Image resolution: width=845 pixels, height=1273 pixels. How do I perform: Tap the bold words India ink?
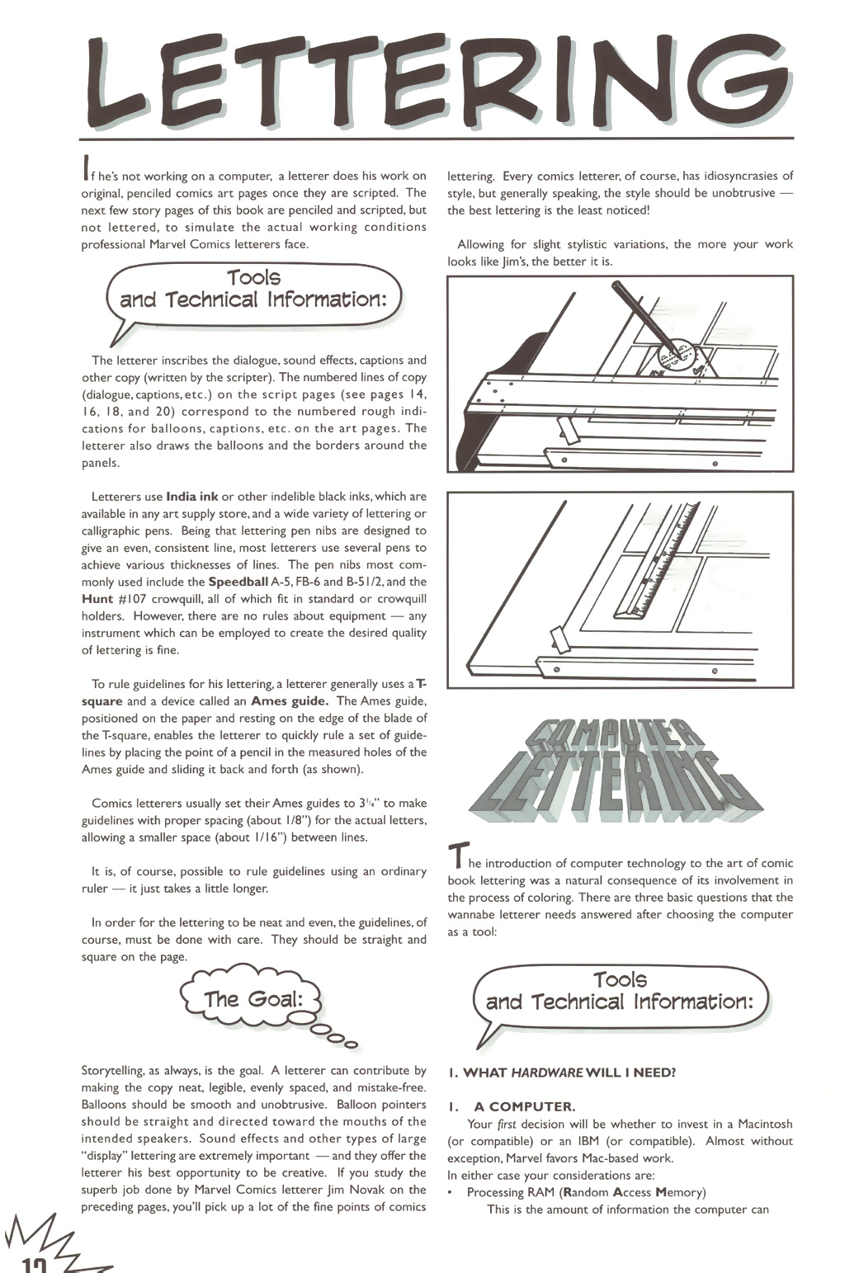(192, 497)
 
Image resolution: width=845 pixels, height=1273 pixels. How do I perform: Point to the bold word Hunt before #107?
(97, 599)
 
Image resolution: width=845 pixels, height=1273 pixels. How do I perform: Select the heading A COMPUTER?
(524, 1106)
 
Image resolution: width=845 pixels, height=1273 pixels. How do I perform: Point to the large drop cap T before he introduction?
(456, 856)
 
